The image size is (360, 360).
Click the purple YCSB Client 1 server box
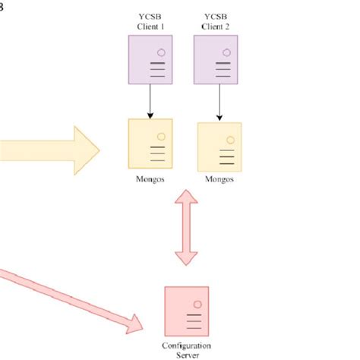coord(150,61)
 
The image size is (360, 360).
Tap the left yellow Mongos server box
coord(150,147)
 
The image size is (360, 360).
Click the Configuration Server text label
coord(187,349)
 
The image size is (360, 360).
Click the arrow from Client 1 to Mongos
coord(150,100)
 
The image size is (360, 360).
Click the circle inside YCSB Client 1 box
coord(160,52)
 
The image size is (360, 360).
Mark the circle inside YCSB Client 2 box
coord(226,52)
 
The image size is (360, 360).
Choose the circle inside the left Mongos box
coord(160,137)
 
